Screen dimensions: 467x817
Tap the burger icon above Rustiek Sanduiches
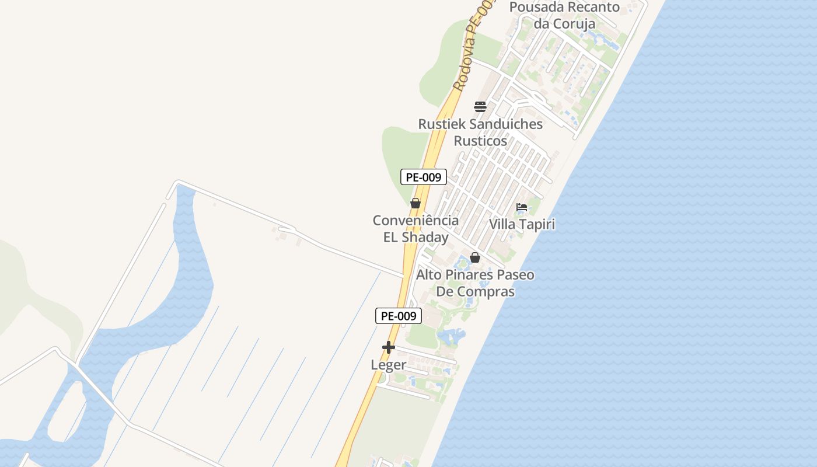pos(480,107)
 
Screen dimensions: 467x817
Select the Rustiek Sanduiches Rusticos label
pos(480,133)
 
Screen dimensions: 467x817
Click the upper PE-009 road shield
pos(423,177)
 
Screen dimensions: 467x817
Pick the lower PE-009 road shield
pos(398,316)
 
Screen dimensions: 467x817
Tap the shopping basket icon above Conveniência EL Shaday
pos(416,203)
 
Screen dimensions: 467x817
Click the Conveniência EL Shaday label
pos(416,229)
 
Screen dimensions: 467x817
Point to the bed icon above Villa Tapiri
pos(522,207)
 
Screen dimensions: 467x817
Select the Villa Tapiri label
pos(522,224)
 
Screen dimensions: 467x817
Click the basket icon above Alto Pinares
pos(475,257)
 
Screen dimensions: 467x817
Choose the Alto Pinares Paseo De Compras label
pos(475,283)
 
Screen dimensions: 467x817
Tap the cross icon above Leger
pos(389,347)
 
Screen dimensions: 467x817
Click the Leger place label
pos(389,365)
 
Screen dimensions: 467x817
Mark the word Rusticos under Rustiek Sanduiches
pos(480,141)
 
